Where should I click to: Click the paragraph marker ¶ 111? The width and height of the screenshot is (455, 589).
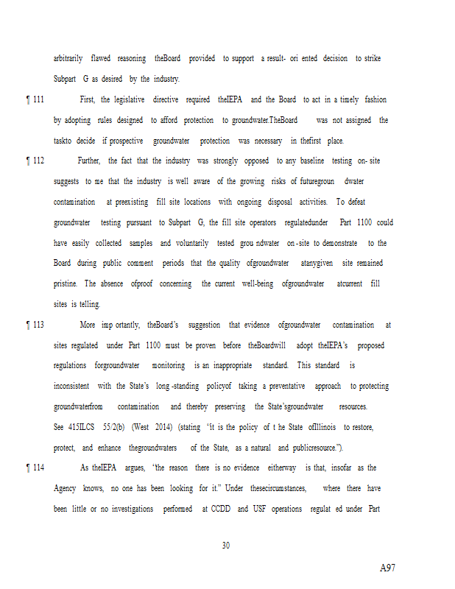point(35,99)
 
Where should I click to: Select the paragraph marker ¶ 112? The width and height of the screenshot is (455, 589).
point(35,161)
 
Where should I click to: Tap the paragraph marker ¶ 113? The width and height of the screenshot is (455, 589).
point(35,325)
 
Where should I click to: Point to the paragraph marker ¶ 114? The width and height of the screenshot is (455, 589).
point(35,468)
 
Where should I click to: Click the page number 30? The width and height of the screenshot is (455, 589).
point(226,546)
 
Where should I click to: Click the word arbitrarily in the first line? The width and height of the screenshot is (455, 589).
point(68,58)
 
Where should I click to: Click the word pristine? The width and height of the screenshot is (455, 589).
point(66,283)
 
